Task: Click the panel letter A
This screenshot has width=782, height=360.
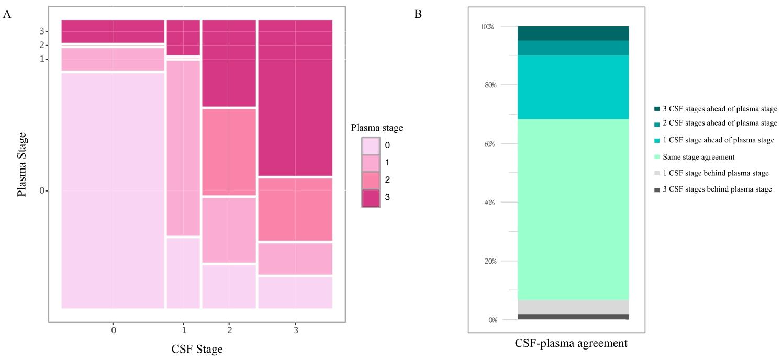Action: click(x=7, y=14)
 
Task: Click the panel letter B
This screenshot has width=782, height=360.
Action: click(x=418, y=14)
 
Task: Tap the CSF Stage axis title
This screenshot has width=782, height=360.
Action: click(x=197, y=349)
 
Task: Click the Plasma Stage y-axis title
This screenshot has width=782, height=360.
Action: click(x=22, y=164)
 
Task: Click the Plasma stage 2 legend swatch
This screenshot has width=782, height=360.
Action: click(x=371, y=180)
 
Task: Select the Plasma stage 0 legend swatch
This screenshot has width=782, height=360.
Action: click(x=371, y=145)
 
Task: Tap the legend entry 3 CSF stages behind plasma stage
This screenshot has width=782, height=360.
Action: click(x=717, y=189)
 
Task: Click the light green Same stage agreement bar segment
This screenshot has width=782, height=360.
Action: click(x=573, y=209)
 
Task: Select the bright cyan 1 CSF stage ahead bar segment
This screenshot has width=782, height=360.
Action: click(x=573, y=87)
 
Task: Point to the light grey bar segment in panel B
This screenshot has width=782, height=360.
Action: click(x=573, y=307)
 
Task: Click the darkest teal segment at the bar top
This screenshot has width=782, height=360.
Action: click(x=573, y=33)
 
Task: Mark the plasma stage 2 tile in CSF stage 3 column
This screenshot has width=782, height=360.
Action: click(x=295, y=209)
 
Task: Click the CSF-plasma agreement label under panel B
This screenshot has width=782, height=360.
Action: click(x=571, y=344)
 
